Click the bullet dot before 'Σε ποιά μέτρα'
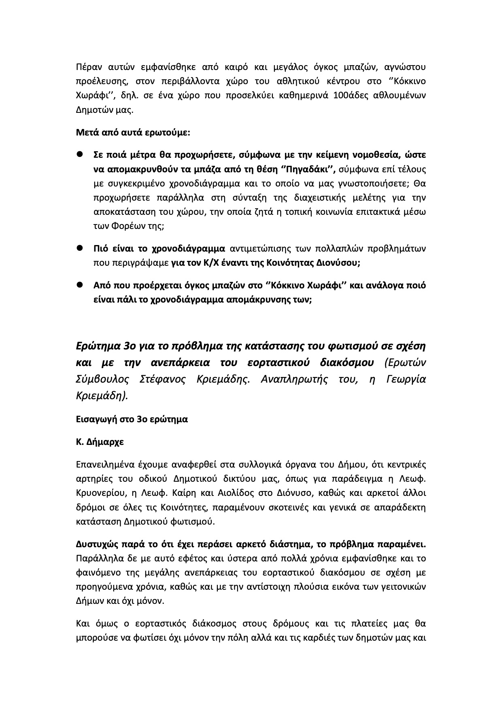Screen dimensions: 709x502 (x=80, y=154)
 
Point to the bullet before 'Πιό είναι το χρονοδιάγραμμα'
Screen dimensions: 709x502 (x=80, y=248)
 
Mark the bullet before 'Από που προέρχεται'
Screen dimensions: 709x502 (x=80, y=285)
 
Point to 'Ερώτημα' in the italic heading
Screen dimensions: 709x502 (x=98, y=347)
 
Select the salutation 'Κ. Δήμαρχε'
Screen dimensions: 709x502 (x=100, y=441)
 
